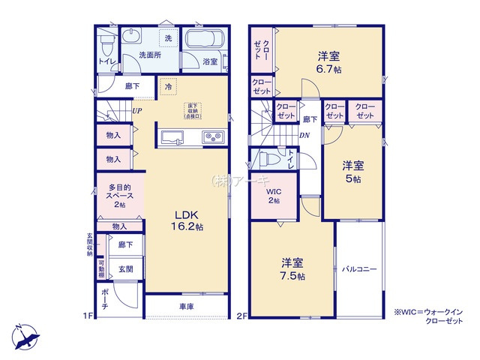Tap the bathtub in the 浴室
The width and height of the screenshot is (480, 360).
(203, 43)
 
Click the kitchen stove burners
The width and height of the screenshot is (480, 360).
(212, 136)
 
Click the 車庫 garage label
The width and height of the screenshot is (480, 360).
(187, 306)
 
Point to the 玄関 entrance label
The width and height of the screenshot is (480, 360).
(124, 268)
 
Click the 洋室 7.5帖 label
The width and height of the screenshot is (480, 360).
(292, 269)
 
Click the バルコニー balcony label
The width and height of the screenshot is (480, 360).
(359, 268)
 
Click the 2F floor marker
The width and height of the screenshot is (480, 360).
(241, 316)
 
